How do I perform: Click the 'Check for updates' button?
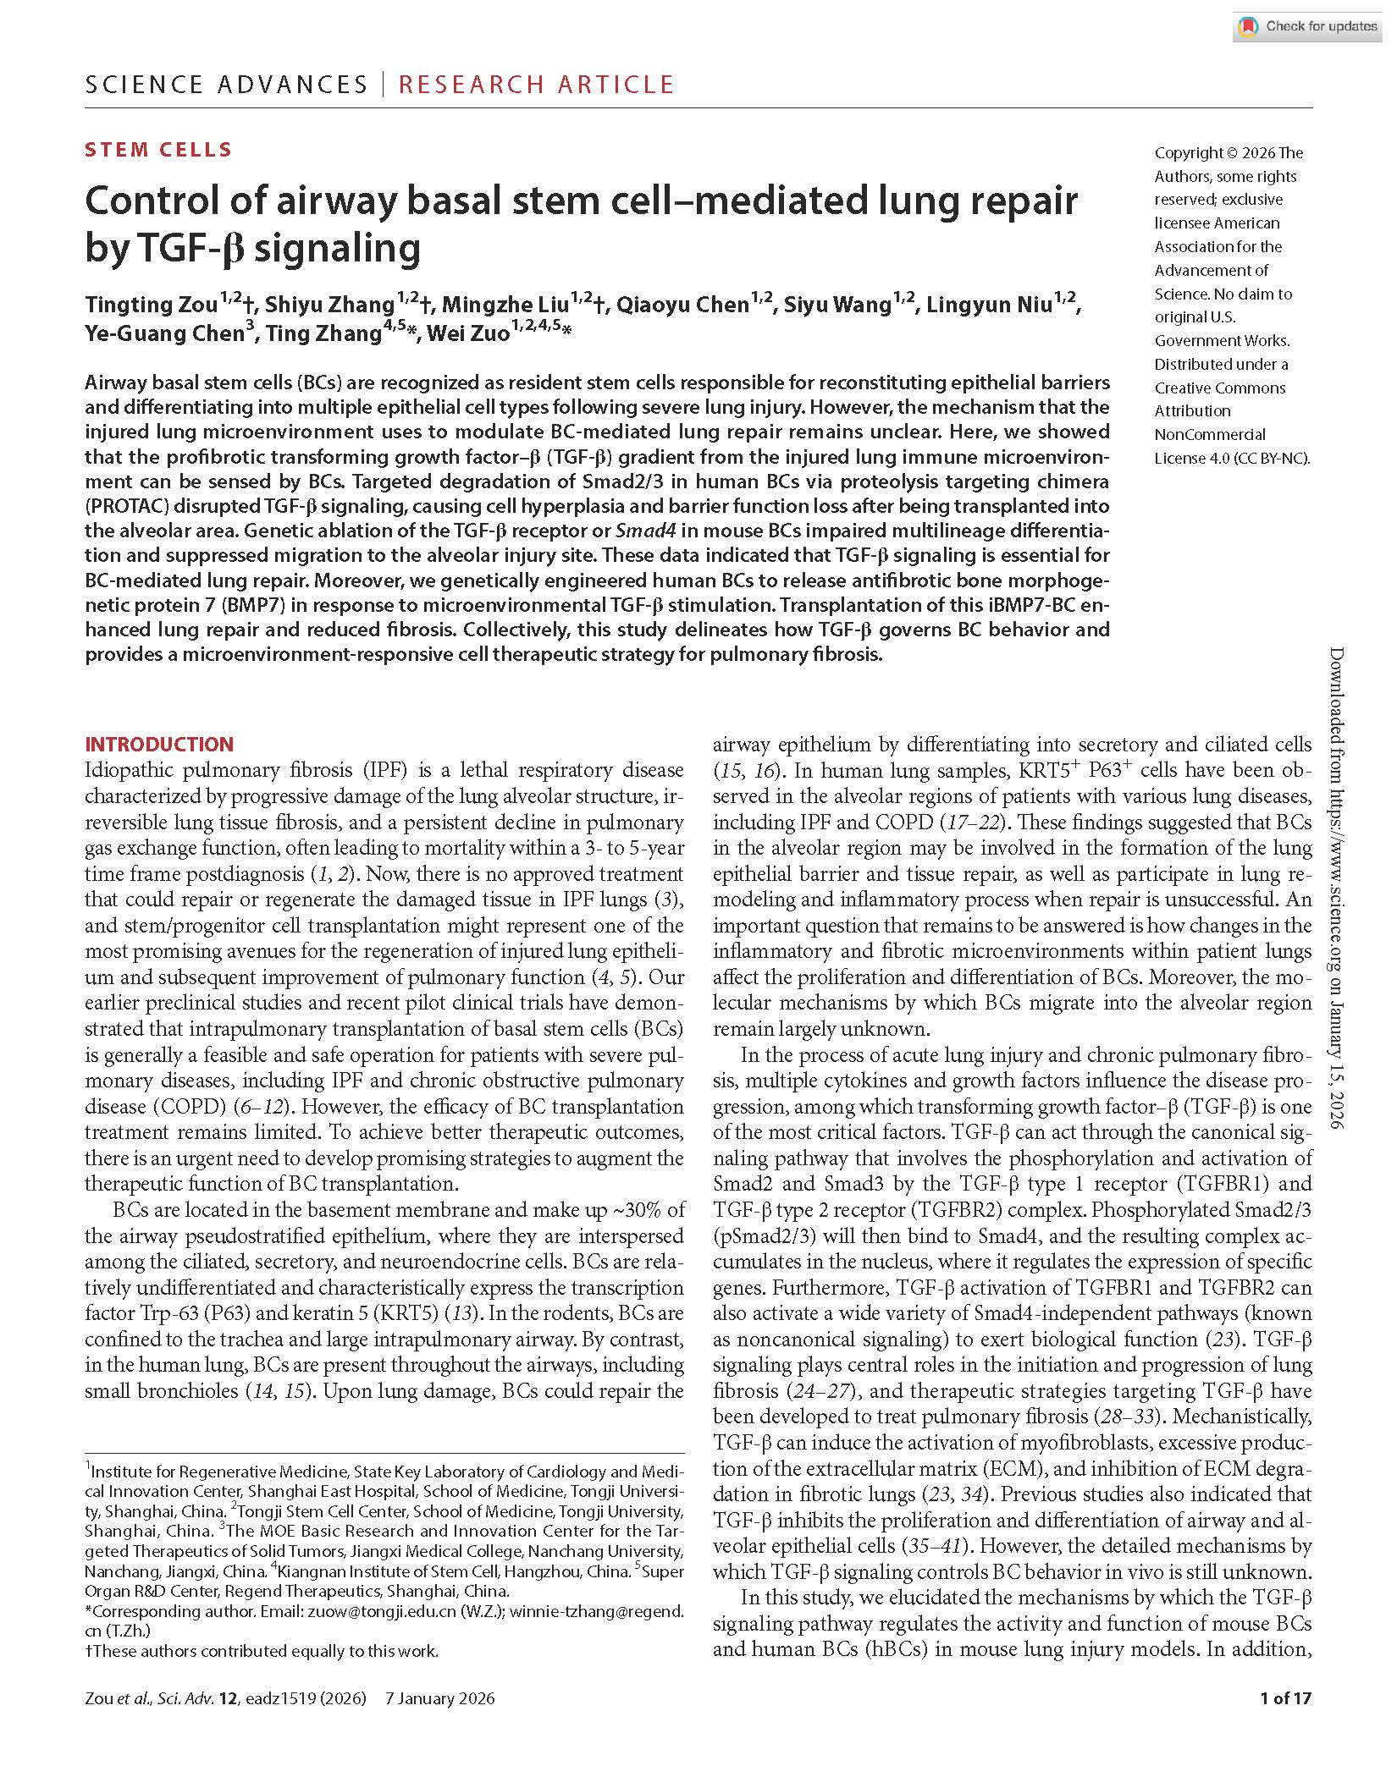[1309, 26]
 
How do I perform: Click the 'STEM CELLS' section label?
[158, 150]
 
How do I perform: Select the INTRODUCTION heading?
[159, 745]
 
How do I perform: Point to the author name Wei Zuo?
[467, 333]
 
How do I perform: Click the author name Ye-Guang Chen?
[164, 333]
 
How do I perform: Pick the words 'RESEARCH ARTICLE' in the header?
[536, 85]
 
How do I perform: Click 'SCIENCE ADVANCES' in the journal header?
[226, 85]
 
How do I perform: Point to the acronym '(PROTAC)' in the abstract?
[124, 506]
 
